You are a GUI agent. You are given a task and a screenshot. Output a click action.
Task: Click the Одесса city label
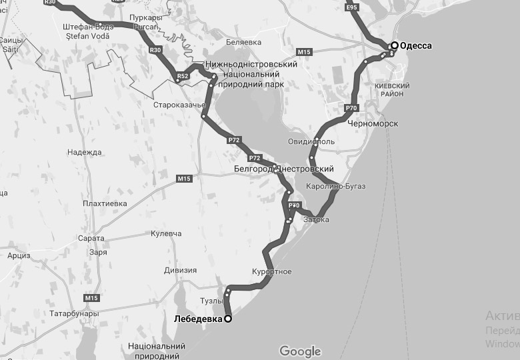(x=416, y=46)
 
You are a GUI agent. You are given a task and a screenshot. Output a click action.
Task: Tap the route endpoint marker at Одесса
(x=395, y=45)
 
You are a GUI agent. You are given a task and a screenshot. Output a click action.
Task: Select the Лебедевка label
(x=197, y=319)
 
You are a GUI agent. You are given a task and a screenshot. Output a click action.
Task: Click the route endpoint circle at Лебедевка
(x=227, y=319)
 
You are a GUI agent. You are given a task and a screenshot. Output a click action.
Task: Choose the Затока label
(x=316, y=219)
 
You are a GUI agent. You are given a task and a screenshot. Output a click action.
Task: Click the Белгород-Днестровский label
(x=283, y=169)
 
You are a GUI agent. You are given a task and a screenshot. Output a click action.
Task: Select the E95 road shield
(x=353, y=7)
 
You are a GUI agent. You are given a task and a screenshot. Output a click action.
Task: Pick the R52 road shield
(x=182, y=77)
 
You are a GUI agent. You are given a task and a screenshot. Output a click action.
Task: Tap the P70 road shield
(x=352, y=107)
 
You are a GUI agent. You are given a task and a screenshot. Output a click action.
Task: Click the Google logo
(x=300, y=351)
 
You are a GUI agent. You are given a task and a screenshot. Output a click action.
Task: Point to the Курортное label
(x=272, y=272)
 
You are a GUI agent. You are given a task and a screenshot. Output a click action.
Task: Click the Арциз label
(x=19, y=255)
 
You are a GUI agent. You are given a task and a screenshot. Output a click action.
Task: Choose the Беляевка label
(x=243, y=42)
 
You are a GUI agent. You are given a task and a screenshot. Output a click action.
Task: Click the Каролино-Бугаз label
(x=335, y=186)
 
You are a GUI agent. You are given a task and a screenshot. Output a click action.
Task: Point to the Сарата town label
(x=91, y=238)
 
